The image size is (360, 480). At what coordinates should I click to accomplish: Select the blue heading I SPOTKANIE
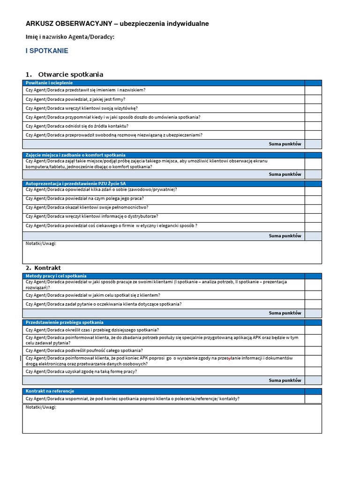click(x=47, y=51)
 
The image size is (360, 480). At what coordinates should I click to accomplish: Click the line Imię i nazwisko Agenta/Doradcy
click(x=70, y=37)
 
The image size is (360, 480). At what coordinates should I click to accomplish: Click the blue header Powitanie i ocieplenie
click(x=49, y=83)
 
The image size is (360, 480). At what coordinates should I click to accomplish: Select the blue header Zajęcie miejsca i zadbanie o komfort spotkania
click(x=75, y=155)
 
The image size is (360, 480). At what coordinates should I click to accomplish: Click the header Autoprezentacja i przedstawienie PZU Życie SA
click(x=75, y=184)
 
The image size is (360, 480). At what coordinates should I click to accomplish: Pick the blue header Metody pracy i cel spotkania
click(x=56, y=276)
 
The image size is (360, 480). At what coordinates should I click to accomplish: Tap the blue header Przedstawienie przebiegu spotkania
click(x=64, y=322)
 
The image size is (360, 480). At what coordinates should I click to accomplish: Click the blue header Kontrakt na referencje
click(x=50, y=391)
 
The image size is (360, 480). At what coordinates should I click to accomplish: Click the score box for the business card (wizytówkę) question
click(x=313, y=108)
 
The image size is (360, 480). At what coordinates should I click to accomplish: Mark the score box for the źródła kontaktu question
click(x=313, y=126)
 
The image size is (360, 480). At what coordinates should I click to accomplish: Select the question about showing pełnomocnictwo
click(x=87, y=207)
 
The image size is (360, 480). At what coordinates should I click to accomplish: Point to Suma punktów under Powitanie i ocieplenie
click(x=285, y=144)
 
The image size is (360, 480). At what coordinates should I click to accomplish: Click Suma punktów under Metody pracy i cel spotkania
click(x=285, y=313)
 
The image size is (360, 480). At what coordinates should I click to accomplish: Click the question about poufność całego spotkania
click(x=91, y=350)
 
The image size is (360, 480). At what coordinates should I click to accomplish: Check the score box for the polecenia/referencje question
click(x=313, y=399)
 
